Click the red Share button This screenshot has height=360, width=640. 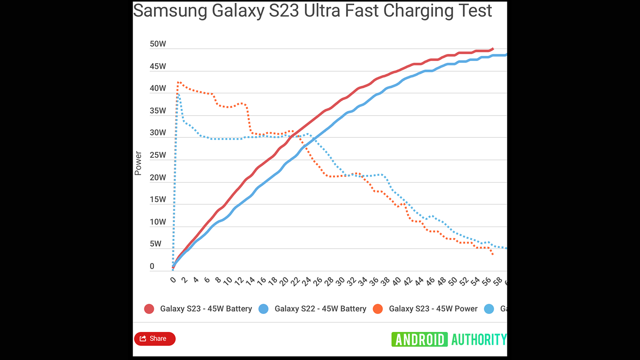(x=154, y=339)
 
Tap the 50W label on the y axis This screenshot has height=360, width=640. (x=158, y=44)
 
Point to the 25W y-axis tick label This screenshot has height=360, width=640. (x=158, y=155)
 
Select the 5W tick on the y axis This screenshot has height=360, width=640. (x=156, y=244)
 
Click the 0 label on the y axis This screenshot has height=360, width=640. (x=152, y=266)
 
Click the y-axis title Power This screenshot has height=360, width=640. (x=138, y=163)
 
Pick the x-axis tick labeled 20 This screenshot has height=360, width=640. (x=284, y=281)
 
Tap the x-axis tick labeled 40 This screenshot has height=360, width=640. (x=396, y=281)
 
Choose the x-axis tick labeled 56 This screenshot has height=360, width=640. (x=486, y=281)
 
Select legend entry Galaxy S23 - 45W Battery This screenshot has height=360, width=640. (x=206, y=309)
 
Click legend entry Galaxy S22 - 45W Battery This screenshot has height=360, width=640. (x=320, y=309)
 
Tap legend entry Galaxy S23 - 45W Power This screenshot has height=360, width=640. (x=433, y=309)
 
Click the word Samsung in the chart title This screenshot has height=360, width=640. (x=170, y=11)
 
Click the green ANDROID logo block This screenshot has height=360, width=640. (x=419, y=340)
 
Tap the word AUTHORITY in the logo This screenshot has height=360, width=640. (x=479, y=340)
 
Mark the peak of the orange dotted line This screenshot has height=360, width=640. (x=178, y=82)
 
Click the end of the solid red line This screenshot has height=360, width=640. (x=493, y=49)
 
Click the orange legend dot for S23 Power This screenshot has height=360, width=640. (x=378, y=309)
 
